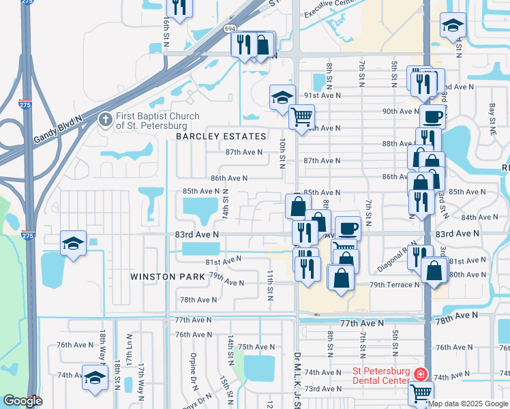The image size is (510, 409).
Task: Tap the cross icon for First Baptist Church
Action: (105, 120)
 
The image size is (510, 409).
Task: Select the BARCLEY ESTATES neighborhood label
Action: (221, 136)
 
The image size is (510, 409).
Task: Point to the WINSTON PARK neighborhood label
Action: (169, 277)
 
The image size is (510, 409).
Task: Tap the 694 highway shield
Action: (230, 29)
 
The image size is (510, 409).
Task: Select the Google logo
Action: (22, 401)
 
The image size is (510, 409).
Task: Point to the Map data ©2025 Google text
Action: (468, 404)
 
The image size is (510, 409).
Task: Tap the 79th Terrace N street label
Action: (395, 284)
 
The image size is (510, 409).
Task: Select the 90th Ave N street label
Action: (400, 111)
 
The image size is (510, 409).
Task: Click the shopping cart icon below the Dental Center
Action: (421, 392)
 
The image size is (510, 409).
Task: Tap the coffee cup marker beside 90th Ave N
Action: (433, 116)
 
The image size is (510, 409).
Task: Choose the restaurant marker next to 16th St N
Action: (179, 8)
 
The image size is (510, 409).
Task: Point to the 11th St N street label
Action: (270, 285)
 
